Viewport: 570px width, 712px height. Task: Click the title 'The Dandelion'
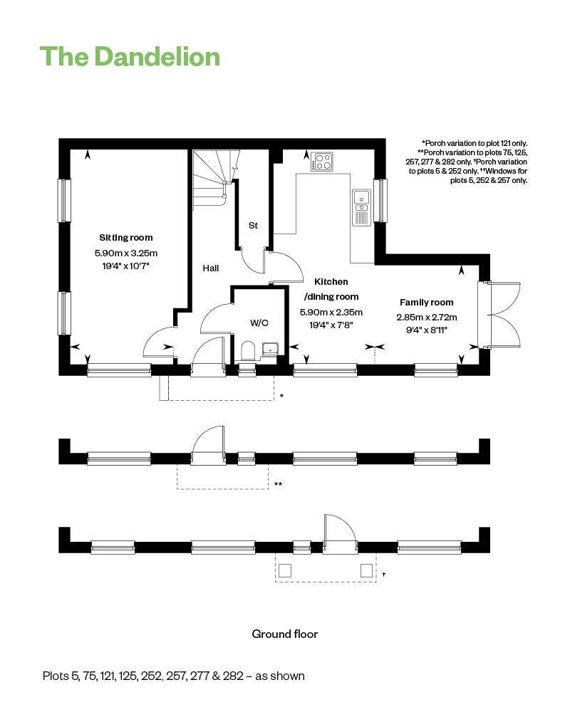click(130, 56)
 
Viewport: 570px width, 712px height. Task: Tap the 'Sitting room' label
click(125, 238)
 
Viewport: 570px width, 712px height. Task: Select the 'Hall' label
click(210, 268)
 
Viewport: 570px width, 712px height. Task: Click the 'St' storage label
click(253, 226)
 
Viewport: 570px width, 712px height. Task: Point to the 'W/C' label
click(259, 323)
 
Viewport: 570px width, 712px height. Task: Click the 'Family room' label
click(426, 303)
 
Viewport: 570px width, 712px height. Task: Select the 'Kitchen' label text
click(331, 283)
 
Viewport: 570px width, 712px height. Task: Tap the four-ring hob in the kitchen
click(323, 162)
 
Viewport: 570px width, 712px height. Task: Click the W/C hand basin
click(271, 348)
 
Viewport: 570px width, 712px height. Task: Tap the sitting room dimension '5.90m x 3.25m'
click(125, 253)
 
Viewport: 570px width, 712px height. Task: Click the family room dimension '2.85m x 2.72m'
click(426, 318)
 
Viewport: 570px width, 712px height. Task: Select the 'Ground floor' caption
click(285, 634)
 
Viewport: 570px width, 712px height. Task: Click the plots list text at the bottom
click(173, 676)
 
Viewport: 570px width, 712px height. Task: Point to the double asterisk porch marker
click(279, 485)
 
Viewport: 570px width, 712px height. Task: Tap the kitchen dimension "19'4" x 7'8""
click(331, 325)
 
